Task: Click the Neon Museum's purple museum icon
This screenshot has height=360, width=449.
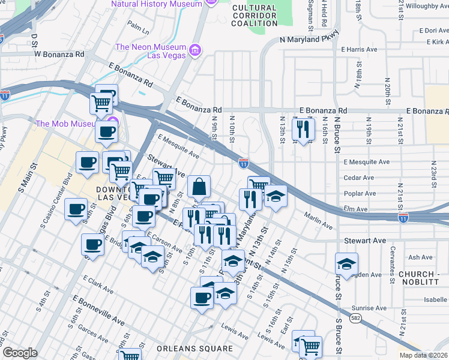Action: (194, 49)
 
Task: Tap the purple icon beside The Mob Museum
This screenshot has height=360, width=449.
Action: (113, 124)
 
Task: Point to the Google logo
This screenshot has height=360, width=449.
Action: (19, 353)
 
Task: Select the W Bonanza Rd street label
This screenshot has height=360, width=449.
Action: (59, 53)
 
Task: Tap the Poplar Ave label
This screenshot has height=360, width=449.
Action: (359, 194)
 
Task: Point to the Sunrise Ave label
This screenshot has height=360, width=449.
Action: (369, 308)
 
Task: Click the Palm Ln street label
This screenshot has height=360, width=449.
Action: (137, 28)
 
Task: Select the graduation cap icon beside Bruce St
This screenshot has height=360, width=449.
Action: (346, 263)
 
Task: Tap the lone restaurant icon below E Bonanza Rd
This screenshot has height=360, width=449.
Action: (303, 128)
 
